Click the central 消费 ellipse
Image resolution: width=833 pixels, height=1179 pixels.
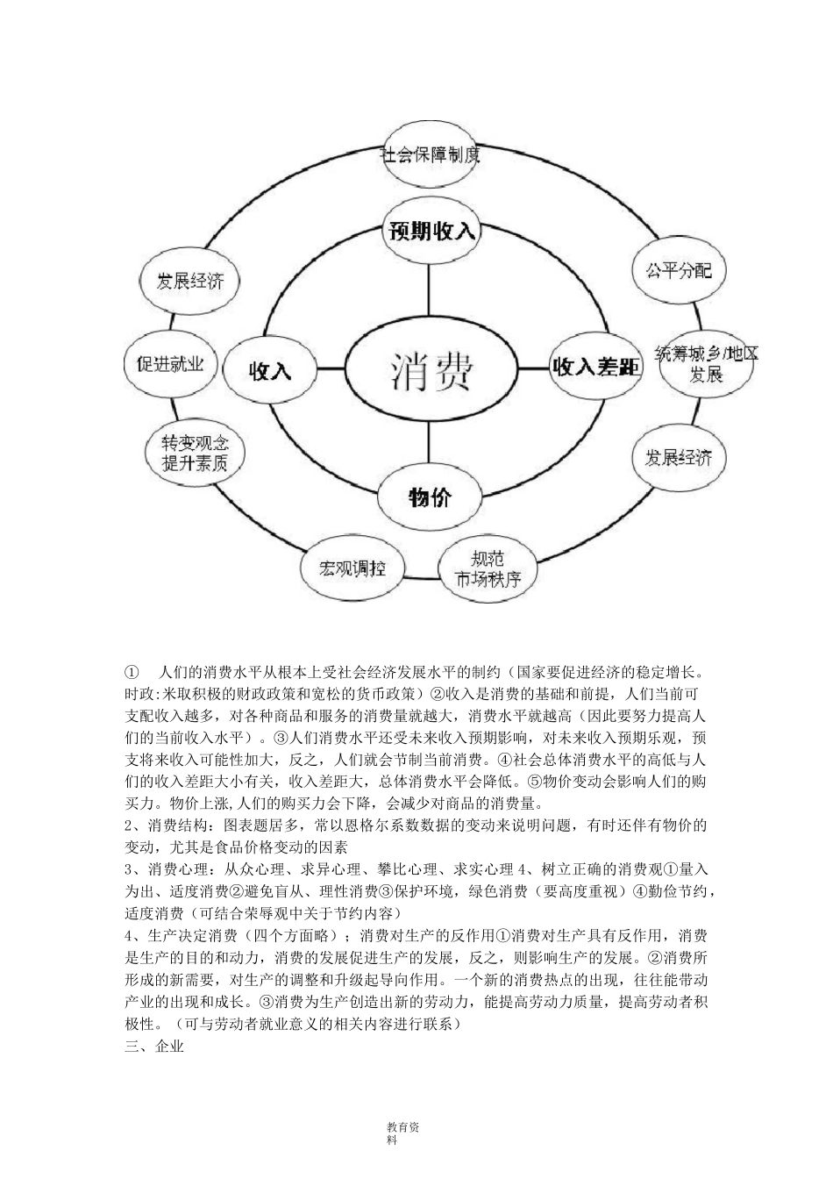click(x=431, y=368)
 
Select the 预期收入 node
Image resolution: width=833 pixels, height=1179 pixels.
click(x=432, y=232)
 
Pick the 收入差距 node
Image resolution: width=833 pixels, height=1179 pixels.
click(x=595, y=368)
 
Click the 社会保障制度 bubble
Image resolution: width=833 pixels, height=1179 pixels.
click(x=431, y=156)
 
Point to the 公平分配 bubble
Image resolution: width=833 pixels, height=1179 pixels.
click(x=673, y=269)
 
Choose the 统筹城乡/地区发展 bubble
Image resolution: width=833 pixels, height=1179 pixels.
click(x=706, y=365)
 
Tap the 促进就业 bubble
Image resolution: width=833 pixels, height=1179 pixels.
click(x=165, y=363)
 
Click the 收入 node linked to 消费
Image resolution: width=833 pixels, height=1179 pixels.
click(x=270, y=369)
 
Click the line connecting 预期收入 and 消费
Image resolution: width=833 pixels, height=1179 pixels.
click(x=430, y=289)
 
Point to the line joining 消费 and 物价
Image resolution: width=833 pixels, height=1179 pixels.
click(x=430, y=443)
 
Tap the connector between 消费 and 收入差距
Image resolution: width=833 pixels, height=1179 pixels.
click(x=532, y=368)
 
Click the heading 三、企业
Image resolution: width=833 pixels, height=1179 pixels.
click(x=155, y=1046)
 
